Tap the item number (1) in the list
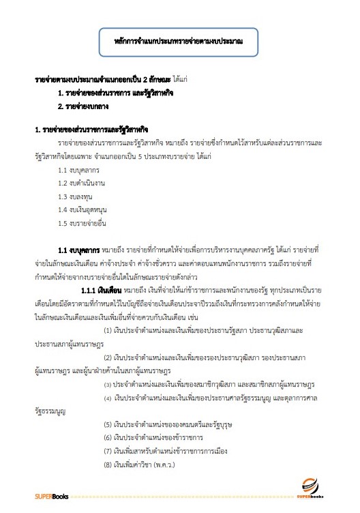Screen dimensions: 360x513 (108, 311)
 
